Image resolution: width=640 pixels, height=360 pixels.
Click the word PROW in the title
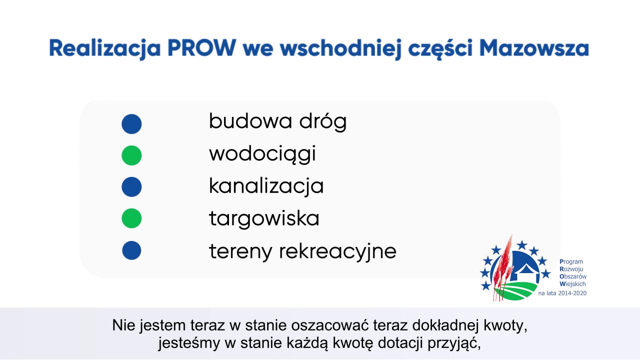point(201,47)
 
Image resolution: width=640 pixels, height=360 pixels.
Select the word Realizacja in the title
point(105,49)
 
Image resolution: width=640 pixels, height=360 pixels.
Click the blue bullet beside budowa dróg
point(131,124)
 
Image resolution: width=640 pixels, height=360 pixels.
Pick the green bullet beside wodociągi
point(131,155)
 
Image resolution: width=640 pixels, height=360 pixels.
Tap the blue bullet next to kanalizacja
point(131,187)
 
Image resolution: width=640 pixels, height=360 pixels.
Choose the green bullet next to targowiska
point(131,218)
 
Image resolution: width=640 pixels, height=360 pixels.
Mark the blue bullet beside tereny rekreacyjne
point(131,250)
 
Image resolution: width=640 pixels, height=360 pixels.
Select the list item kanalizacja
point(266,186)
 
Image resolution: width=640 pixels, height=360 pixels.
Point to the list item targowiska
point(264,219)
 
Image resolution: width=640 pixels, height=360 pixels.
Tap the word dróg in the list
point(323,121)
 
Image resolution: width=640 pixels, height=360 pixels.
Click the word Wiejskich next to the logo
point(572,284)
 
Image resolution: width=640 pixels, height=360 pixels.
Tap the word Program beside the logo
point(571,261)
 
